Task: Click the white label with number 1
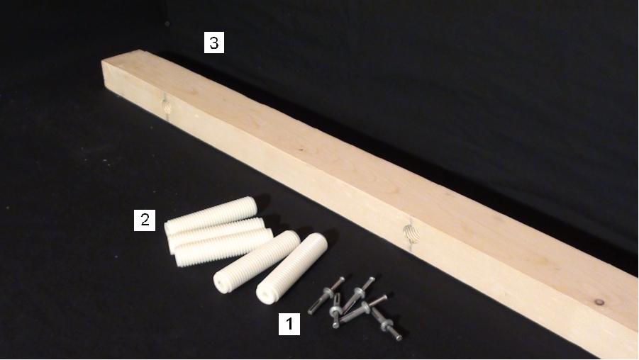[x=289, y=324]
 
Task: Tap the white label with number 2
[x=145, y=220]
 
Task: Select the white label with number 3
[x=214, y=43]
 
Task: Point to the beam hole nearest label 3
[x=166, y=106]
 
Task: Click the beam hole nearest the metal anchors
[x=411, y=234]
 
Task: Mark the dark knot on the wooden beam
[x=599, y=302]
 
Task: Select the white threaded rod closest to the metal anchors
[x=291, y=268]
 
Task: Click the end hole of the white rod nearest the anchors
[x=266, y=294]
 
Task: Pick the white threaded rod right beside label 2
[x=211, y=215]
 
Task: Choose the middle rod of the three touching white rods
[x=216, y=234]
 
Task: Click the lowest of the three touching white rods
[x=223, y=247]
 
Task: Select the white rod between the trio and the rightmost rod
[x=257, y=262]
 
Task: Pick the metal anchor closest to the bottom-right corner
[x=387, y=325]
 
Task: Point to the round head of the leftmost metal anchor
[x=341, y=279]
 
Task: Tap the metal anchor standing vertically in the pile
[x=335, y=310]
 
